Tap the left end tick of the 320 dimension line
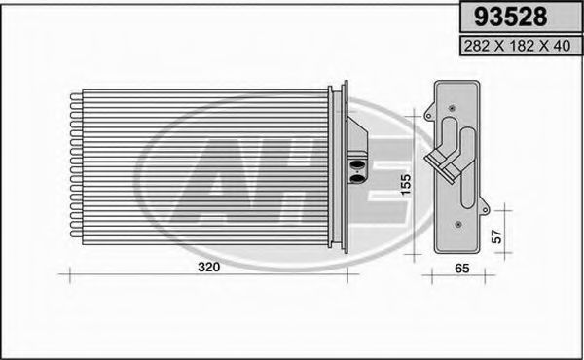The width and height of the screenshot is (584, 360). pos(60,276)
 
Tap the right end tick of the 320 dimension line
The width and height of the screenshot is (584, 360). pos(358,276)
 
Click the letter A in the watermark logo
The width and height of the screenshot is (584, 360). pos(228,181)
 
